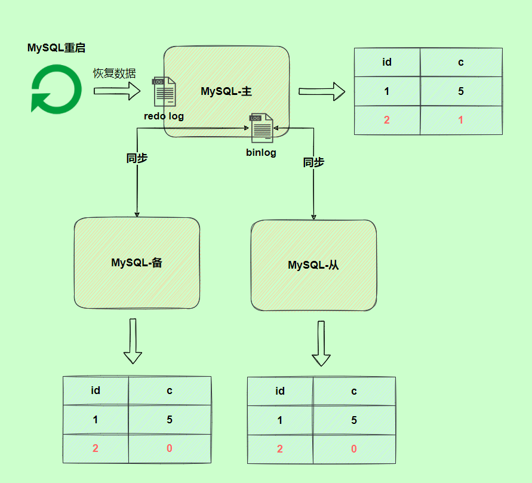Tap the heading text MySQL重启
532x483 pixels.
tap(60, 48)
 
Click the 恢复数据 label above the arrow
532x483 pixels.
tap(114, 73)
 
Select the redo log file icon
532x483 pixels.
tap(164, 92)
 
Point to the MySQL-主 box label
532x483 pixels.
tap(226, 91)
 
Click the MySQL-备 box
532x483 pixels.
tap(137, 263)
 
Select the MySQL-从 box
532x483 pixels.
tap(313, 265)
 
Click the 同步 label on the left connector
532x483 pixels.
tap(137, 158)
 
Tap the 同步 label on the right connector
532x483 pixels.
tap(313, 162)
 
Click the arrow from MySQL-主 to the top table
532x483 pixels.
tap(322, 91)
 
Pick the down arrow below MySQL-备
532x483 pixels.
tap(133, 341)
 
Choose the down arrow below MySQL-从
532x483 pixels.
tap(321, 344)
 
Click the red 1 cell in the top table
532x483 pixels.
tap(460, 120)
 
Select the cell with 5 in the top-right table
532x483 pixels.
tap(460, 91)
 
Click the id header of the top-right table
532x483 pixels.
tap(387, 62)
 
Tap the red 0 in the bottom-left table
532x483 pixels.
tap(170, 448)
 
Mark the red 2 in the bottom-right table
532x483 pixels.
tap(280, 449)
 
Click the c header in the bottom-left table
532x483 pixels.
tap(170, 391)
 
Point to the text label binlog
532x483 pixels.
tap(262, 153)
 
